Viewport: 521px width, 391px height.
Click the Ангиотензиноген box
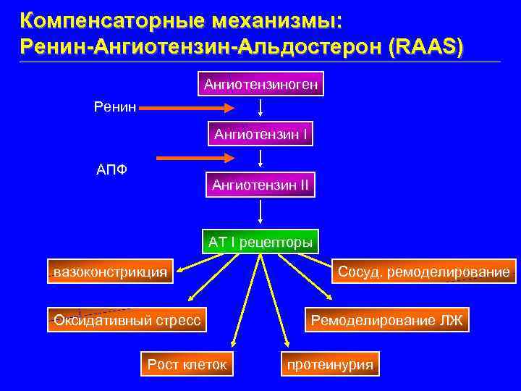(260, 85)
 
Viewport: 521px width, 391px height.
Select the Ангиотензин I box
(260, 134)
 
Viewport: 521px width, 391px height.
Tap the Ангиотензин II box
(260, 185)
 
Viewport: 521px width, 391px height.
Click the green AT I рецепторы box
(260, 241)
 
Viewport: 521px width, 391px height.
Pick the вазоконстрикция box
(111, 272)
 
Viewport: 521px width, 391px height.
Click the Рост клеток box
(187, 364)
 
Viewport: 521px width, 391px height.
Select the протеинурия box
(330, 364)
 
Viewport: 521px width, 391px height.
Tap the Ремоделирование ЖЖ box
(387, 319)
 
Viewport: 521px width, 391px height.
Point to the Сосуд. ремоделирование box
(423, 272)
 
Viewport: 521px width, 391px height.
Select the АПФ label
(113, 171)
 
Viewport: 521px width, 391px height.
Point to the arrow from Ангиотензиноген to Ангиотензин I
(260, 109)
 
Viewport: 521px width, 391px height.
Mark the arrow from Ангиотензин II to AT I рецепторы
(260, 213)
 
